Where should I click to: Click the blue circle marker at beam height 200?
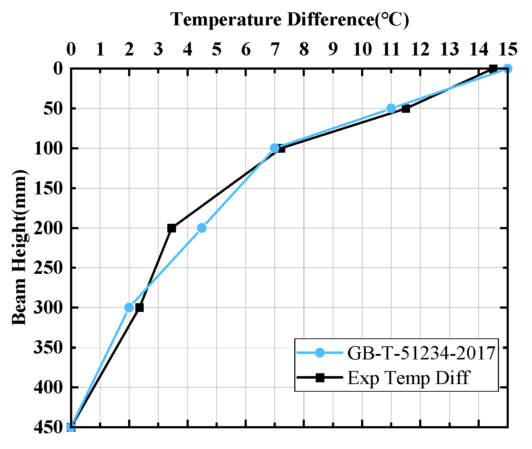pos(202,228)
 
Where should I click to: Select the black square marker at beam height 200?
pos(172,228)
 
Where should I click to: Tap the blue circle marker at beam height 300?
pos(129,308)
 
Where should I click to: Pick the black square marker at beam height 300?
pos(139,308)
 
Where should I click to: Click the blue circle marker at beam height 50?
pos(391,108)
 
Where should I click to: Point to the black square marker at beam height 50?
pos(406,108)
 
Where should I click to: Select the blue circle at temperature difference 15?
pos(507,68)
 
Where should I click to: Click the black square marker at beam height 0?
pos(493,68)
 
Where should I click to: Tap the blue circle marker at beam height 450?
pos(71,427)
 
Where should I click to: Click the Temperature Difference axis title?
pos(290,19)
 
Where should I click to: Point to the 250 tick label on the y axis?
pos(47,268)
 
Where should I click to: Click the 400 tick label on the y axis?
pos(47,387)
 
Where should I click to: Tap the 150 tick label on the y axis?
pos(47,188)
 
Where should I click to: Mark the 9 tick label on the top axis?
pos(333,49)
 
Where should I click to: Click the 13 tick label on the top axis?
pos(449,49)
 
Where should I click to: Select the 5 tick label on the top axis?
pos(217,49)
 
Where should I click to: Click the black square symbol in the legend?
pos(319,378)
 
